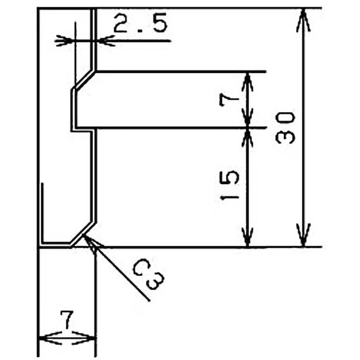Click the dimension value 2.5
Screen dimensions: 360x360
140,23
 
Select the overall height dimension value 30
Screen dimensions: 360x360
285,128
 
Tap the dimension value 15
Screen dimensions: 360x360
229,185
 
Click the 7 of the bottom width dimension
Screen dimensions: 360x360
67,319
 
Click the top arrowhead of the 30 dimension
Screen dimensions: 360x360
303,20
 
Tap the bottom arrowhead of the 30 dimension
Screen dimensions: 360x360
303,235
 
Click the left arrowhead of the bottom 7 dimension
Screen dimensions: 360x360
49,338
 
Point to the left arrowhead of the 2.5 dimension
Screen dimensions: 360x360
65,41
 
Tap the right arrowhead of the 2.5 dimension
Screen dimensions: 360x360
105,41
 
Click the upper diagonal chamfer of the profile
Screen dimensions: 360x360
84,79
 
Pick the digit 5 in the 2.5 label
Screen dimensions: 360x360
158,23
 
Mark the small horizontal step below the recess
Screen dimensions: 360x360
83,131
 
